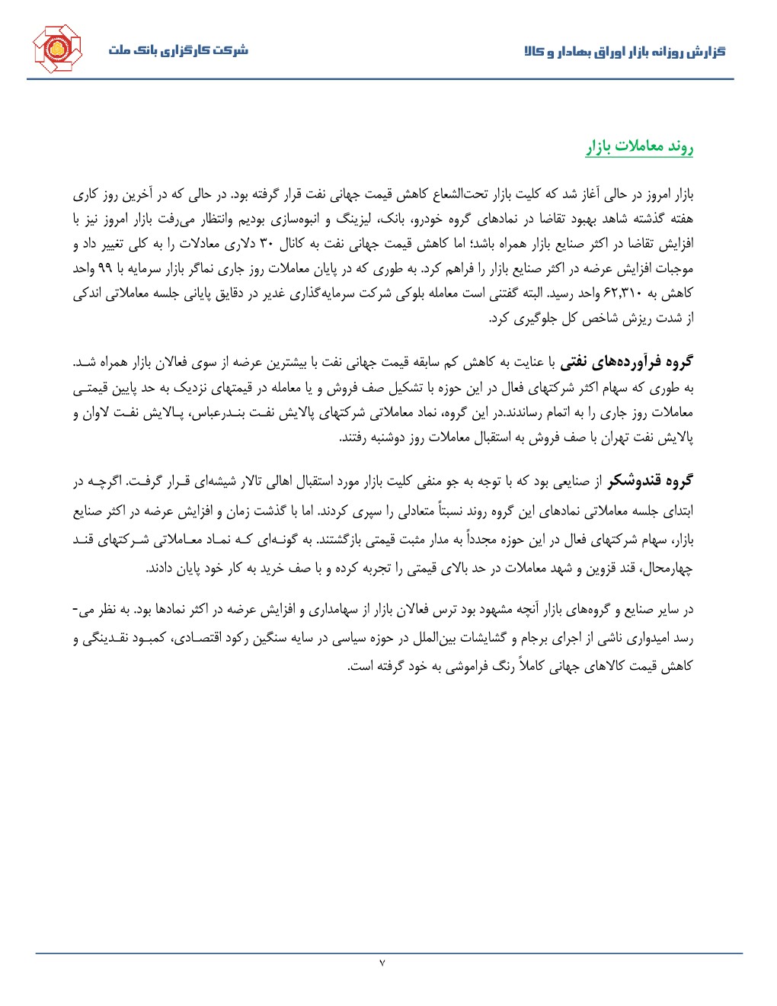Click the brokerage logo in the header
[x=56, y=49]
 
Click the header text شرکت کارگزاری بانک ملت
[x=177, y=50]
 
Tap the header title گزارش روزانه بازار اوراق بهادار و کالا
[x=625, y=51]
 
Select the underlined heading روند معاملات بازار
[x=639, y=147]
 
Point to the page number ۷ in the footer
[x=382, y=964]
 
